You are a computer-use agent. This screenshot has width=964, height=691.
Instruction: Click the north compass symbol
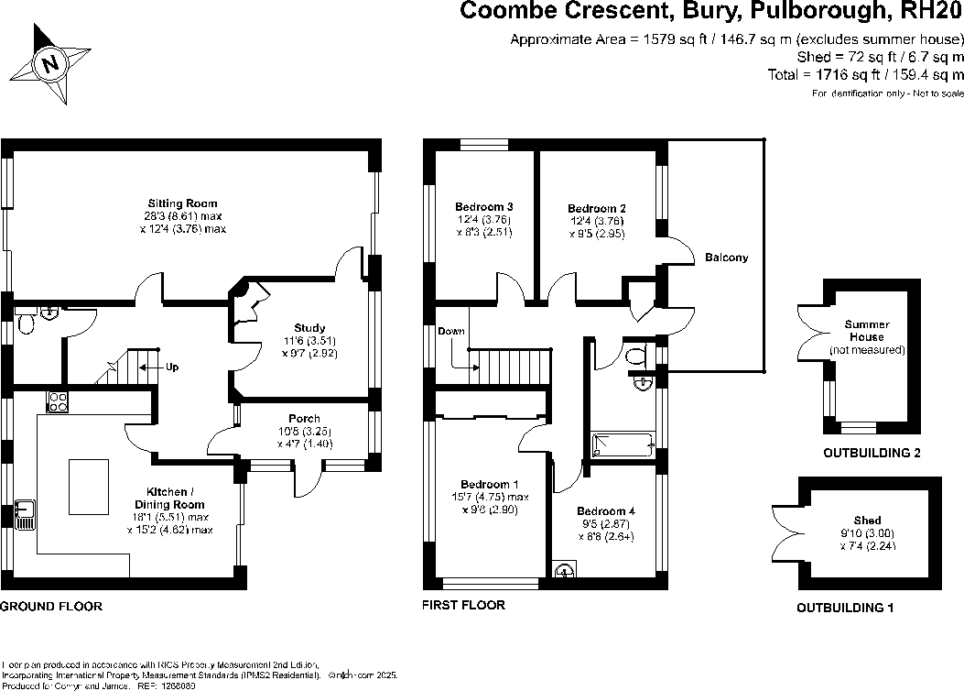pyautogui.click(x=51, y=63)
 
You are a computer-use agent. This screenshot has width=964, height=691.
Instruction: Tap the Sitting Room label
pyautogui.click(x=183, y=203)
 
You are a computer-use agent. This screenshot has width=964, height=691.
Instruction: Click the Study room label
pyautogui.click(x=309, y=327)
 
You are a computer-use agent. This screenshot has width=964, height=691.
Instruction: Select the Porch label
pyautogui.click(x=304, y=419)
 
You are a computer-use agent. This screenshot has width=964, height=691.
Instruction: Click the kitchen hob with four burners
pyautogui.click(x=58, y=400)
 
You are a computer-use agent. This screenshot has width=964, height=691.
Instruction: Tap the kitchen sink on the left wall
pyautogui.click(x=24, y=514)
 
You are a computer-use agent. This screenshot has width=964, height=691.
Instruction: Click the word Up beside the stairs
pyautogui.click(x=171, y=367)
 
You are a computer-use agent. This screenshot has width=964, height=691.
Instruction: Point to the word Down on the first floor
pyautogui.click(x=450, y=331)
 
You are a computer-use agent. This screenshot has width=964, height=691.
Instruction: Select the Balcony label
pyautogui.click(x=726, y=258)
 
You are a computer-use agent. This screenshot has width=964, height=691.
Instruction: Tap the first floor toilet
pyautogui.click(x=637, y=359)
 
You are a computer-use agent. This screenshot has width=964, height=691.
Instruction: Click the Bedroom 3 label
pyautogui.click(x=483, y=206)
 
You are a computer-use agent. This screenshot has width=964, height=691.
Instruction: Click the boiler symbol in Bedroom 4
pyautogui.click(x=564, y=570)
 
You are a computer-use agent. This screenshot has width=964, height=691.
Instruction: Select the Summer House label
pyautogui.click(x=867, y=331)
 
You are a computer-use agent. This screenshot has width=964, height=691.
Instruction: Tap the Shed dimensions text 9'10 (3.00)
pyautogui.click(x=867, y=534)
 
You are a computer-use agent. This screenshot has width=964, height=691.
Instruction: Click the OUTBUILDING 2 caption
pyautogui.click(x=872, y=453)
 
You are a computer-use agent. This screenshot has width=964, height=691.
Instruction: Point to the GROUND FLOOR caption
pyautogui.click(x=51, y=607)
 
